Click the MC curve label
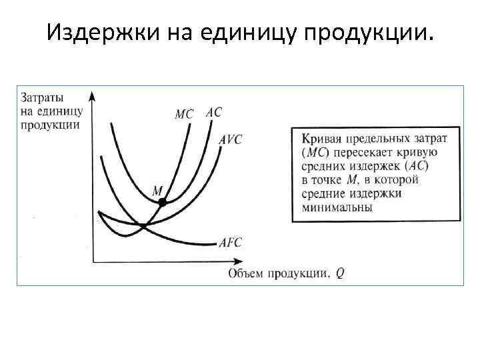184,114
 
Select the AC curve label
214,113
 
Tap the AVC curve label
230,139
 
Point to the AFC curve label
231,243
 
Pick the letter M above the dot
158,190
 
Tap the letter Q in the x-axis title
340,272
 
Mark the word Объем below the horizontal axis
247,272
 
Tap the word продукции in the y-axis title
51,125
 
